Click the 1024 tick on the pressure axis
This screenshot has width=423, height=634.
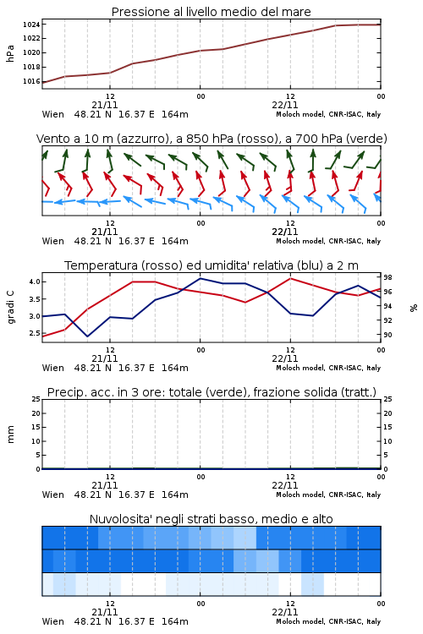coord(31,25)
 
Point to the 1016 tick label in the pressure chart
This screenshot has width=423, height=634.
coord(31,81)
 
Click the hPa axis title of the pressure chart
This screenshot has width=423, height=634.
coord(10,53)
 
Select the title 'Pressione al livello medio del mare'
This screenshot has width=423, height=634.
coord(211,12)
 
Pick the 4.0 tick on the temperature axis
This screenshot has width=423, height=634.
coord(35,281)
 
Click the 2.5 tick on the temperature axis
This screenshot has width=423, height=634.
coord(35,333)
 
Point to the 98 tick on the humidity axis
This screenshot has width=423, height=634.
coord(387,277)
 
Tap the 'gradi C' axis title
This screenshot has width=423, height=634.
coord(11,308)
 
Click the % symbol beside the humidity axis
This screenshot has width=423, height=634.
coord(414,308)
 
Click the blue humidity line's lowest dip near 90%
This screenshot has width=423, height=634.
coord(87,336)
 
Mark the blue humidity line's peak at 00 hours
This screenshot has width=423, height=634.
coord(200,278)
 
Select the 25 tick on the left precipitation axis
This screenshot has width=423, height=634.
coord(36,399)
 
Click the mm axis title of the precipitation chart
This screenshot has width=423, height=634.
coord(10,435)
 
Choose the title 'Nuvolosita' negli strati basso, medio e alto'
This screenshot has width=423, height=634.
coord(211,519)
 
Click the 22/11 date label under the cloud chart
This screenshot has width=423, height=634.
coord(285,612)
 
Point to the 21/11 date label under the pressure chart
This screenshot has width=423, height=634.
coord(105,105)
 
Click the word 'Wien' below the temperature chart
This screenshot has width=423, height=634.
coord(53,368)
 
